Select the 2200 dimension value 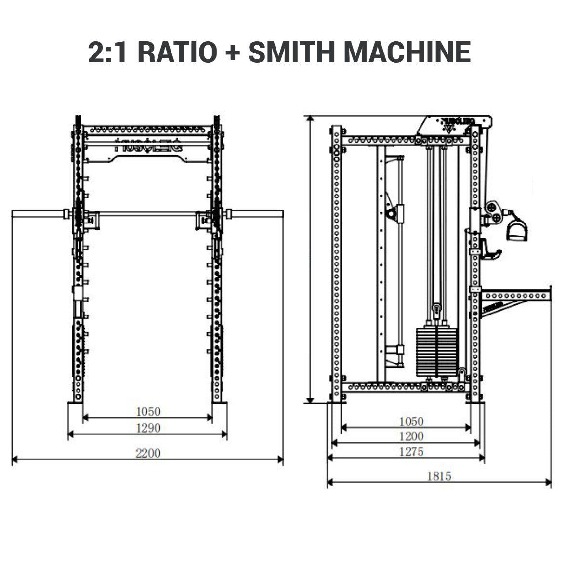click(x=148, y=453)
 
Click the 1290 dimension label click(x=148, y=428)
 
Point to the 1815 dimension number click(x=439, y=476)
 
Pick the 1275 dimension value click(x=411, y=451)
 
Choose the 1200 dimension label click(x=411, y=436)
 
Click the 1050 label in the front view click(x=148, y=411)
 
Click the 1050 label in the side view click(x=411, y=421)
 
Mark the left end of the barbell click(x=14, y=213)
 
